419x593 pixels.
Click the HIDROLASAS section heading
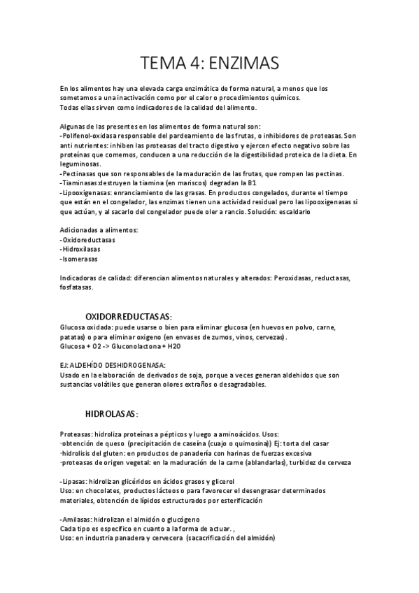point(111,413)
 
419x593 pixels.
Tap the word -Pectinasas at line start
point(79,173)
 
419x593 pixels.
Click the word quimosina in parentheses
point(249,443)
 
